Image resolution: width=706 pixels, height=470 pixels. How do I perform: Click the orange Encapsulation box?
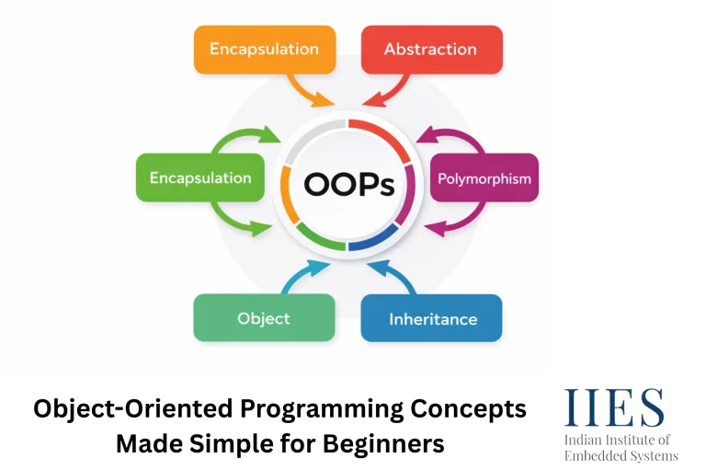point(264,49)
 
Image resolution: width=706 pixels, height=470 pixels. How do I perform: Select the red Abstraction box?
point(430,49)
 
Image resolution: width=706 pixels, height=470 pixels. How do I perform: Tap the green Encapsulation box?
point(200,178)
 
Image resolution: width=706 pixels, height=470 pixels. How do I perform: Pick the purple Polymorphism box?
point(484,178)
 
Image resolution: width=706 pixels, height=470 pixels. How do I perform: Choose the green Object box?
point(264,318)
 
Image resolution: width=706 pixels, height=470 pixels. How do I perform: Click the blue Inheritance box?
point(432,319)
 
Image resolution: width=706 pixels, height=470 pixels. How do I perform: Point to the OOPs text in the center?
point(348,184)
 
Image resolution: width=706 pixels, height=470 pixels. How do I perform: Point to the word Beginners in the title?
point(381,443)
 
